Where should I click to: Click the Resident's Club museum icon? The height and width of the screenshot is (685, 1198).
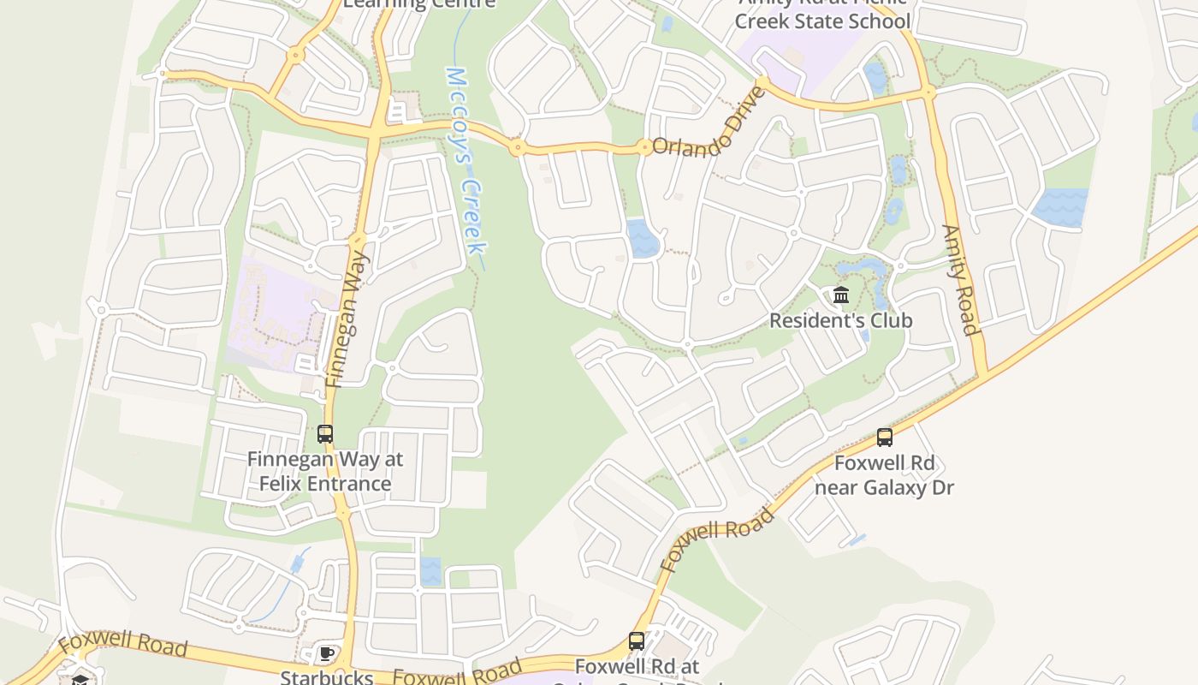tap(841, 295)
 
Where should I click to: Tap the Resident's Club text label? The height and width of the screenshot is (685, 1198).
tap(841, 320)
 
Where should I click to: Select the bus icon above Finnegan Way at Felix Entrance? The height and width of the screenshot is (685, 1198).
tap(325, 434)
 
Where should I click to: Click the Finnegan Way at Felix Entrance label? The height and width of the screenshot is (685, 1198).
tap(325, 471)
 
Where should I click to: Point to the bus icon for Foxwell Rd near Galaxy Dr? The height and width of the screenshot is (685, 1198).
tap(885, 438)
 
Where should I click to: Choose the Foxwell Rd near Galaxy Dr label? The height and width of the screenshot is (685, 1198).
tap(885, 475)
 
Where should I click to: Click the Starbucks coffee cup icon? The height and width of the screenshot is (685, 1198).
tap(326, 655)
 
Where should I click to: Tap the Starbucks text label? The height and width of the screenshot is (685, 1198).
tap(327, 677)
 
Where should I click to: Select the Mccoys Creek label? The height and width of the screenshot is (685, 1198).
tap(467, 161)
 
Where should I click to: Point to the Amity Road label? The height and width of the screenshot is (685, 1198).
tap(959, 279)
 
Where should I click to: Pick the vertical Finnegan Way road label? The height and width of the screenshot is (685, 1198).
tap(347, 319)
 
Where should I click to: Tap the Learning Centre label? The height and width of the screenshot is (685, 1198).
tap(419, 3)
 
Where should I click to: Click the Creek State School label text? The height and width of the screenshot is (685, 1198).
tap(821, 21)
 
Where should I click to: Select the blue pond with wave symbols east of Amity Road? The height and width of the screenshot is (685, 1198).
tap(1060, 207)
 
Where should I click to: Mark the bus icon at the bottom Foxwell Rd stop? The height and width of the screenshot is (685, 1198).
tap(637, 641)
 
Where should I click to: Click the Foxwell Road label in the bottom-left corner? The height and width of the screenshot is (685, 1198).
tap(122, 644)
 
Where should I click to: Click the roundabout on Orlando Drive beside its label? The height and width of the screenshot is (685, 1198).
tap(643, 147)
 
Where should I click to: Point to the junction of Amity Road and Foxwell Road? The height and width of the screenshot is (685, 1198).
tap(984, 372)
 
